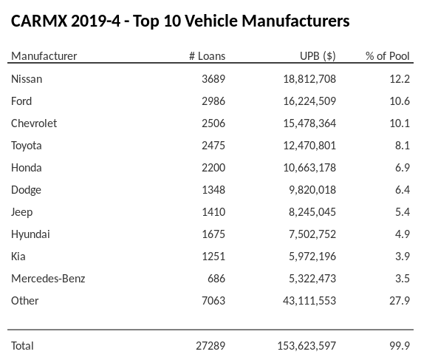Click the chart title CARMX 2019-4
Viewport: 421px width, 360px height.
coord(180,21)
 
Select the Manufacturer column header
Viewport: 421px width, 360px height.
coord(44,56)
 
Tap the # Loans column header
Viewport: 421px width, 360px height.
coord(207,56)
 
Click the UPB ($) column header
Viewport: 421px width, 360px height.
coord(318,56)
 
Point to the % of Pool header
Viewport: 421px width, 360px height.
coord(387,56)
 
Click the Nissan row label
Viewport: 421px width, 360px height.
coord(27,79)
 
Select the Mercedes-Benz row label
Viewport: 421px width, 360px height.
coord(48,279)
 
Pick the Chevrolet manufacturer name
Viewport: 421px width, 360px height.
coord(34,123)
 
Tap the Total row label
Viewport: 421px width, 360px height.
coord(22,345)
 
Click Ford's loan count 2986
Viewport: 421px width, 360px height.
coord(210,101)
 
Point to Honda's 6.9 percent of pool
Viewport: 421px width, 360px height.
coord(402,168)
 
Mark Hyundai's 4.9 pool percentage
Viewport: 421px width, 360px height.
coord(402,234)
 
